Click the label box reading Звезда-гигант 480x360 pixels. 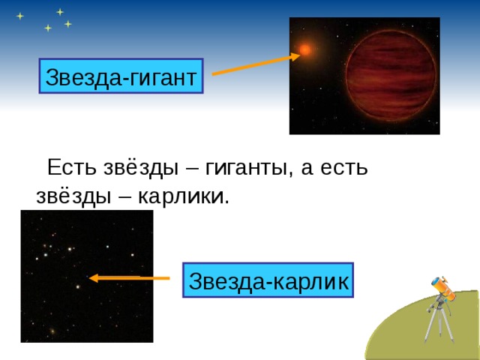coord(121,76)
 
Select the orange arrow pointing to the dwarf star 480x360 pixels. coord(129,278)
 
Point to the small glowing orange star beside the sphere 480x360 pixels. coord(305,50)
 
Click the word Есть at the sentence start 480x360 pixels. coord(70,166)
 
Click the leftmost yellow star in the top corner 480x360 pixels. coord(20,16)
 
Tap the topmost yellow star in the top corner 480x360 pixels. coord(60,11)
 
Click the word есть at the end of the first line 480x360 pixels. coord(343,166)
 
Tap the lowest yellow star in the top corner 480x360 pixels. coord(48,28)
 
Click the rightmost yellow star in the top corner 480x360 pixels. coord(68,24)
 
